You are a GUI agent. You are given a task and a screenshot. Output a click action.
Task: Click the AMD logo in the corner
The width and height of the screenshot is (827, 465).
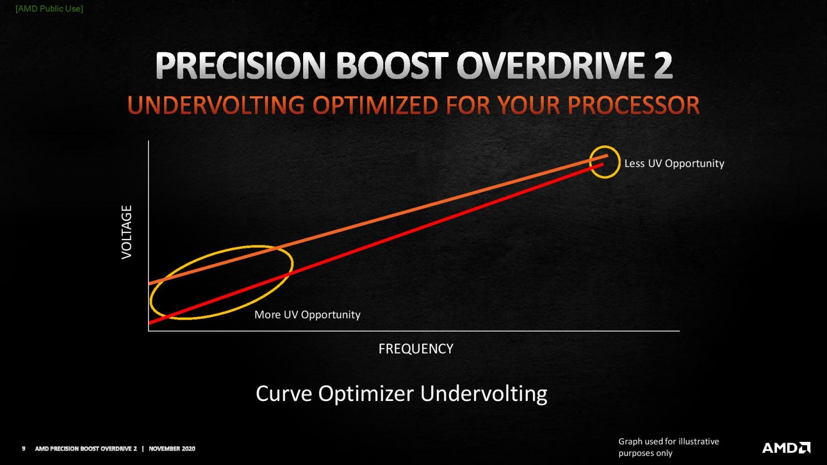pyautogui.click(x=786, y=448)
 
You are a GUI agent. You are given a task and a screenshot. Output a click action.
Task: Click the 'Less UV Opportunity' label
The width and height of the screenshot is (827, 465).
pyautogui.click(x=674, y=163)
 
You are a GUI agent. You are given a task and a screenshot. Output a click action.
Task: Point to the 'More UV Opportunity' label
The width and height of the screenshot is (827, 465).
pyautogui.click(x=307, y=314)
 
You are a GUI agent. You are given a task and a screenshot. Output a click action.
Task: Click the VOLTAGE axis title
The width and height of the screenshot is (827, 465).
pyautogui.click(x=127, y=232)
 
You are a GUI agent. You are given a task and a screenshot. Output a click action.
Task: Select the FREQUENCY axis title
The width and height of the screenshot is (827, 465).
pyautogui.click(x=416, y=349)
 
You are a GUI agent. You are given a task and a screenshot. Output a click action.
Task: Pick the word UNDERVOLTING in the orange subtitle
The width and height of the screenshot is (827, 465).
pyautogui.click(x=216, y=105)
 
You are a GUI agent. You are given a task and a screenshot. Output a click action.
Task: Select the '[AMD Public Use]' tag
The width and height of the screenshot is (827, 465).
pyautogui.click(x=49, y=9)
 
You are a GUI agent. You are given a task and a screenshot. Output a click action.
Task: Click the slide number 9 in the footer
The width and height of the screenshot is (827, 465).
pyautogui.click(x=23, y=448)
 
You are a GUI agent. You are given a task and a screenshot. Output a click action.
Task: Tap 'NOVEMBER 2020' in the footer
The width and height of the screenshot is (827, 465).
pyautogui.click(x=172, y=448)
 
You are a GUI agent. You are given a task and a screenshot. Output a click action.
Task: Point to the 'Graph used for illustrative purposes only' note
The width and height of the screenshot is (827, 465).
pyautogui.click(x=668, y=447)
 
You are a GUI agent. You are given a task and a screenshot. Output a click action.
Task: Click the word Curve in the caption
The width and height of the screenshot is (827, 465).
pyautogui.click(x=283, y=393)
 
